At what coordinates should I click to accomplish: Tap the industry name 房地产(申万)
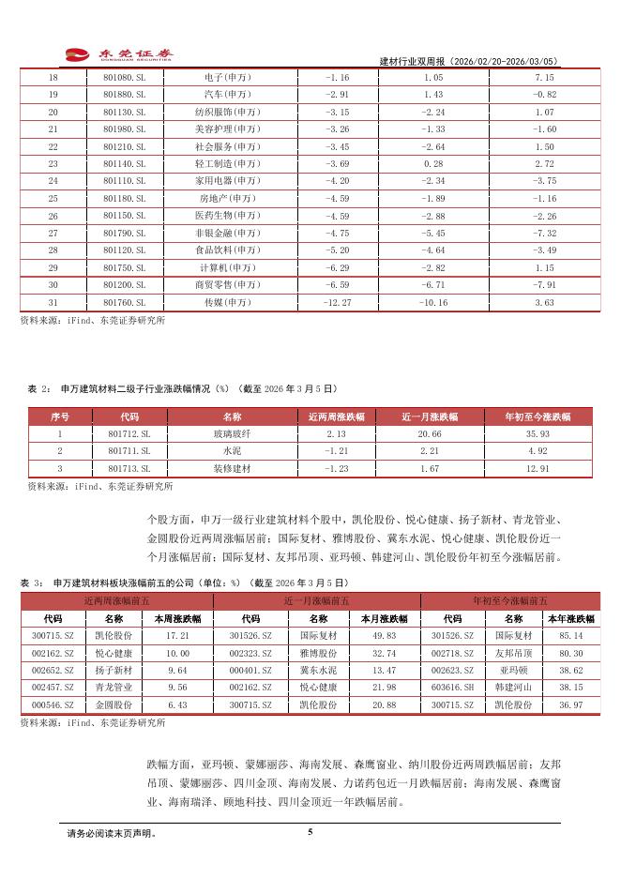(229, 199)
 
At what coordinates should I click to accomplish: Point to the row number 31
(53, 302)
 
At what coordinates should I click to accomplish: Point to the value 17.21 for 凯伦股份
(177, 635)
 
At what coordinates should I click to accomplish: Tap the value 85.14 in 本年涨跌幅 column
(572, 635)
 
